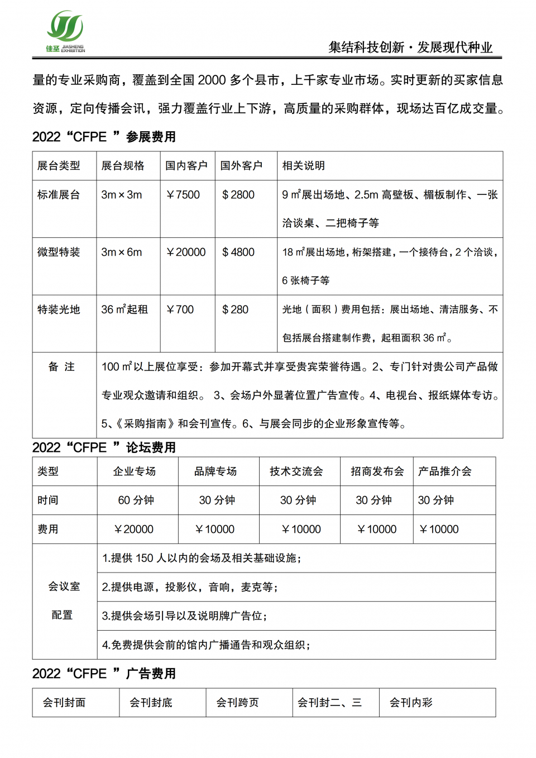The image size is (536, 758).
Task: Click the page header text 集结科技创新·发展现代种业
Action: click(410, 47)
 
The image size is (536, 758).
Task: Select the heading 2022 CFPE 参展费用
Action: click(104, 137)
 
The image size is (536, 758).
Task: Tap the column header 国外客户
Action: click(241, 166)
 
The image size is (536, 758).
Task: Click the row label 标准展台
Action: click(59, 195)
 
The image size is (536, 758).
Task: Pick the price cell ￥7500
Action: click(183, 195)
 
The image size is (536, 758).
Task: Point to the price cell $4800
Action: click(238, 252)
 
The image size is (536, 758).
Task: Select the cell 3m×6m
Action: click(122, 252)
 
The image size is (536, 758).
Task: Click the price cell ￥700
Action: click(180, 309)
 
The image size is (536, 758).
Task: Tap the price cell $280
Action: click(236, 309)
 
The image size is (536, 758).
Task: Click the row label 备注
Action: click(61, 367)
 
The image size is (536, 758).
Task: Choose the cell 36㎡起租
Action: click(125, 309)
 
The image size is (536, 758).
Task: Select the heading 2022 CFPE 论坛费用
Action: click(104, 447)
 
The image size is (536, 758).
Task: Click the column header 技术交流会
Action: click(296, 471)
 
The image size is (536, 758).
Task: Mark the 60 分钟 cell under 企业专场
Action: click(136, 500)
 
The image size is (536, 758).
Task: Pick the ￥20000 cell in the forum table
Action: click(134, 530)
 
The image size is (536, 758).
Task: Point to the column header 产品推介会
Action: click(445, 471)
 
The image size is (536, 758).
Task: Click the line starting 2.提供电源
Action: click(190, 587)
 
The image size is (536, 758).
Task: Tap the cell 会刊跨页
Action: click(237, 703)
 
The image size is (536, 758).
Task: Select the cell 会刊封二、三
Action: click(329, 703)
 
